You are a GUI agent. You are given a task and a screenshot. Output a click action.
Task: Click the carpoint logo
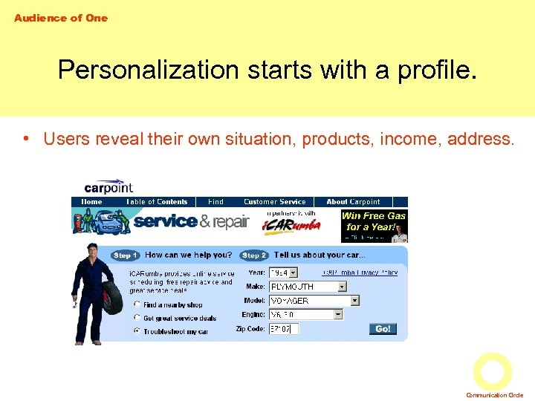pos(108,187)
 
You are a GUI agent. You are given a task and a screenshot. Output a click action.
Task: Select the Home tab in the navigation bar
pos(91,202)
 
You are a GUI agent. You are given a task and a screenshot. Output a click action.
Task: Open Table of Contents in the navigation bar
pos(157,202)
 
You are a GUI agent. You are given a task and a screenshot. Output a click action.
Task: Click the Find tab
pos(215,202)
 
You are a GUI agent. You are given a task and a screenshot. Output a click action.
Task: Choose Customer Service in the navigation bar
pos(274,202)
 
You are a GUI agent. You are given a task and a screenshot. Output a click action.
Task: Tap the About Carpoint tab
pos(353,202)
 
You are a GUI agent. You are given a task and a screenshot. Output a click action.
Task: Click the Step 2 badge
pos(255,255)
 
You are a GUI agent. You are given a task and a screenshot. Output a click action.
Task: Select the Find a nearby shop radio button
pos(137,304)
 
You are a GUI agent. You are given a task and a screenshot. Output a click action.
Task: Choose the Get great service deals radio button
pos(137,318)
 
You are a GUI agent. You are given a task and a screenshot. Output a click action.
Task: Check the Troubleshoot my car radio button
pos(137,331)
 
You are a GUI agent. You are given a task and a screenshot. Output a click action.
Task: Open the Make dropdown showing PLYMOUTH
pos(308,287)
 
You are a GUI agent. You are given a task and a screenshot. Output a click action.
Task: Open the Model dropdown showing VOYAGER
pos(314,301)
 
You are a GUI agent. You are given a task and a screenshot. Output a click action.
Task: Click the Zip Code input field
pos(283,328)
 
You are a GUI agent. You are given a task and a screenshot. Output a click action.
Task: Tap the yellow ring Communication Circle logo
pos(492,371)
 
